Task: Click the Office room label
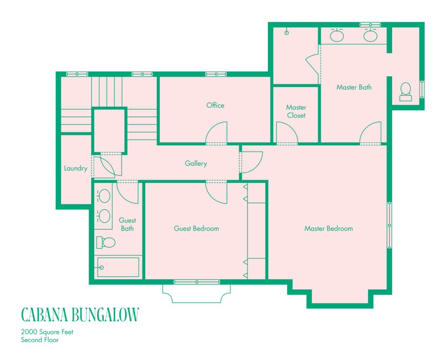click(x=215, y=105)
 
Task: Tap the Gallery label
click(x=196, y=164)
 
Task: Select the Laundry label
click(x=75, y=168)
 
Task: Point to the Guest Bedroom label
click(x=196, y=229)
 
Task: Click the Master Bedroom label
click(x=328, y=229)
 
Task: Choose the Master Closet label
click(x=296, y=111)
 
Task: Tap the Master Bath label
click(x=354, y=87)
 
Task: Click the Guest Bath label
click(x=127, y=224)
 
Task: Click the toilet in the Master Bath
click(x=405, y=91)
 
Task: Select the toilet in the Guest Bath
click(x=105, y=242)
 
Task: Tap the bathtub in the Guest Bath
click(x=118, y=267)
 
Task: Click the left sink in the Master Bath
click(x=337, y=36)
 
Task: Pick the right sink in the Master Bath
click(x=370, y=36)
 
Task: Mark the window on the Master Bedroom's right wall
click(x=389, y=225)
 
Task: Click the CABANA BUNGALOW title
click(x=80, y=314)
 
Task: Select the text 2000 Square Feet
click(x=47, y=332)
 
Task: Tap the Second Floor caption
click(x=40, y=340)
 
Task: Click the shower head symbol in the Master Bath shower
click(x=287, y=32)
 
